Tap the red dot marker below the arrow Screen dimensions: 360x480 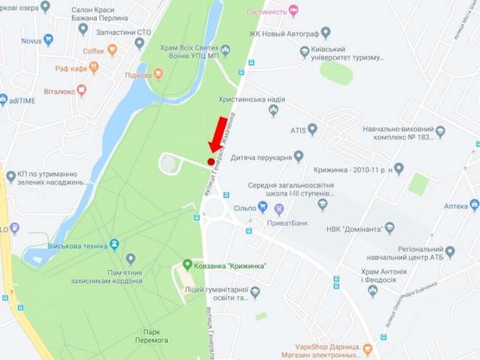point(210,161)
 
